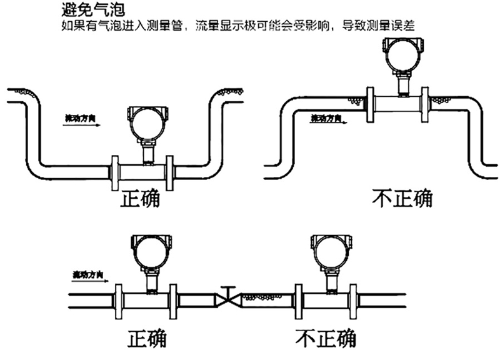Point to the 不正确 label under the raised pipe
point(401,199)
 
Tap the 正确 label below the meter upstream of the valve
point(147,337)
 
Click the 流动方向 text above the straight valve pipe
point(87,274)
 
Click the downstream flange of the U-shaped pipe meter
point(170,172)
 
